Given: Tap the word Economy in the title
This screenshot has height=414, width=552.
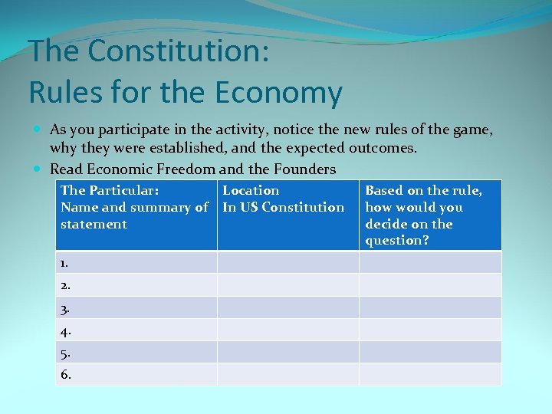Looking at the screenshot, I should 279,93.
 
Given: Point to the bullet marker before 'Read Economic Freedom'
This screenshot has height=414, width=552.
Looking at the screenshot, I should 38,168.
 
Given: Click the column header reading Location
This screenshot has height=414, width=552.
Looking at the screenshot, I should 251,190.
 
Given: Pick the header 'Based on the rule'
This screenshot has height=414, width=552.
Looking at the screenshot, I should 423,190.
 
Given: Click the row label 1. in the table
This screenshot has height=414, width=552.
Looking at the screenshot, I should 64,262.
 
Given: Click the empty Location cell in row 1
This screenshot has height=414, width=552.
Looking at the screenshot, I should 287,262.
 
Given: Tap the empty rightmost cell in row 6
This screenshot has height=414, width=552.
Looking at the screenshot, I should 430,374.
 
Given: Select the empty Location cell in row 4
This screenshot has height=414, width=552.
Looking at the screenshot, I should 287,330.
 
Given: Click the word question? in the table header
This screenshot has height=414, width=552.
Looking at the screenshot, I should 396,241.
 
